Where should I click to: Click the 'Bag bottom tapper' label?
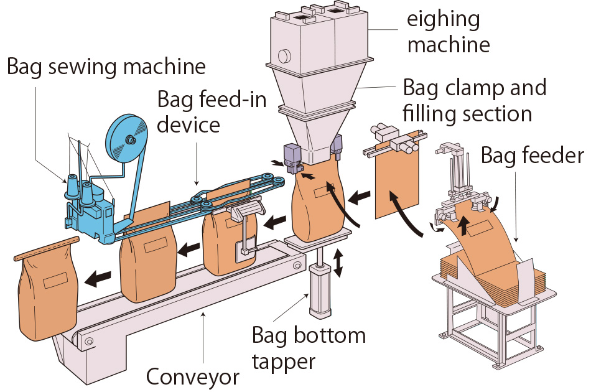[309, 347]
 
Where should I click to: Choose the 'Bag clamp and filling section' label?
[475, 100]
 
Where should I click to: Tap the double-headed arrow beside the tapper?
[338, 263]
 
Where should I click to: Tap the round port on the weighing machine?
[284, 55]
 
